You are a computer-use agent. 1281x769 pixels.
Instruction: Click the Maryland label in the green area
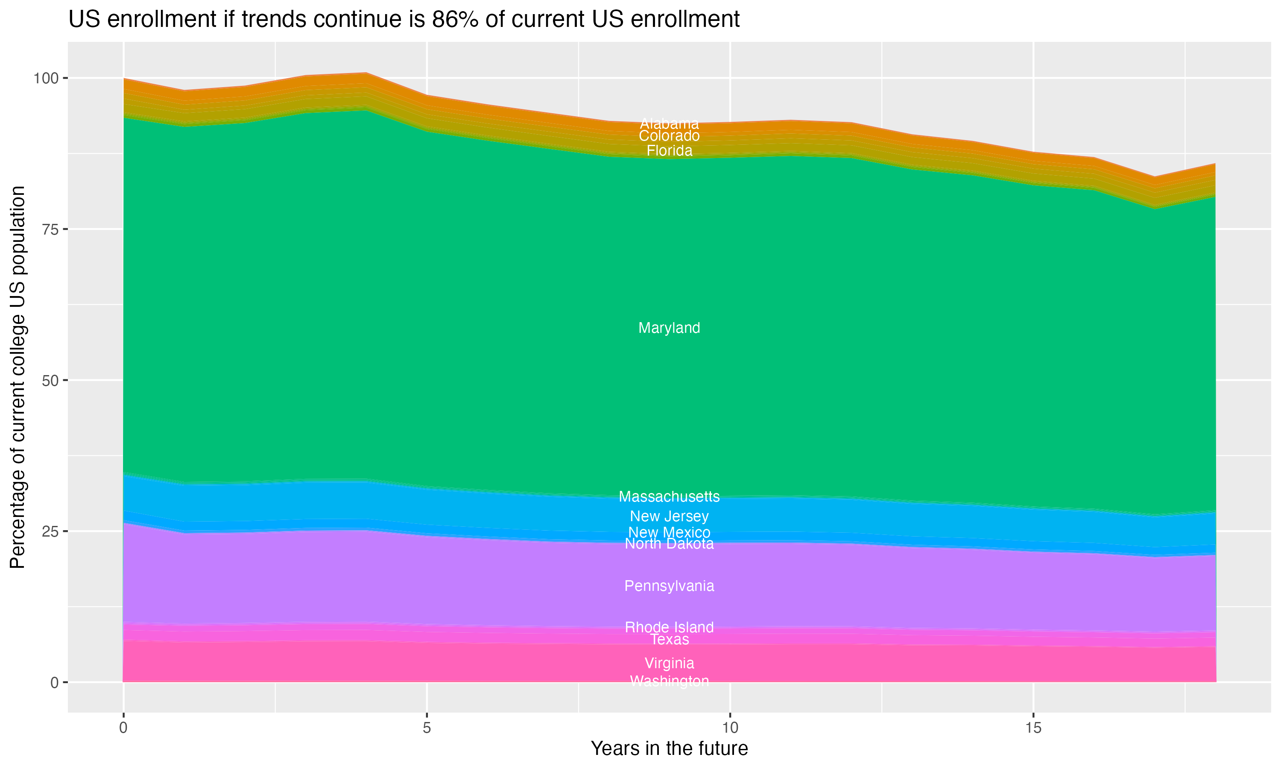click(x=669, y=328)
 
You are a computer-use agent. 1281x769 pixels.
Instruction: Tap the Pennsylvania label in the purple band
click(x=669, y=586)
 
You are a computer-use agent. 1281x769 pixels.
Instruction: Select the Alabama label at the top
click(x=669, y=124)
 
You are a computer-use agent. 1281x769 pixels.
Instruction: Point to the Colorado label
click(x=669, y=136)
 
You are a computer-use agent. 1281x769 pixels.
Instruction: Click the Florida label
click(x=669, y=151)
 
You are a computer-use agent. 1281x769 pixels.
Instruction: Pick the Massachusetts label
click(x=669, y=496)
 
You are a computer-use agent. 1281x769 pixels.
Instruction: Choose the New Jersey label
click(x=669, y=516)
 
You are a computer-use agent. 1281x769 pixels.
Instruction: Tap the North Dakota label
click(x=669, y=544)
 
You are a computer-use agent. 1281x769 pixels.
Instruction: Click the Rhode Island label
click(x=669, y=627)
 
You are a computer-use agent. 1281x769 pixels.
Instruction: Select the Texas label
click(x=669, y=640)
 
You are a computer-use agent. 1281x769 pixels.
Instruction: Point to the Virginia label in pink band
click(x=669, y=663)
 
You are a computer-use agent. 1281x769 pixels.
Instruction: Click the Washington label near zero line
click(x=669, y=681)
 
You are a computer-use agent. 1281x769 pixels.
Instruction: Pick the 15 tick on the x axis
click(x=1033, y=728)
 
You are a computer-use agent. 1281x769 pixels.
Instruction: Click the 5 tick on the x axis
click(x=427, y=728)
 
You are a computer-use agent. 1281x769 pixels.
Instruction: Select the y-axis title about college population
click(x=18, y=377)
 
